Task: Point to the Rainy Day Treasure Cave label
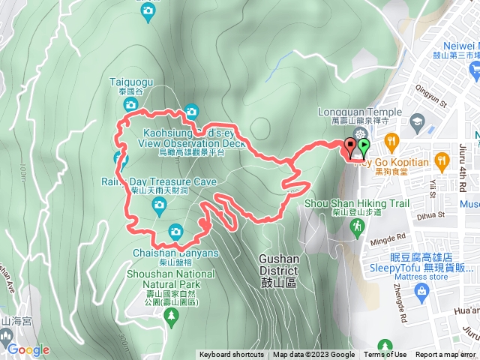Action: point(158,181)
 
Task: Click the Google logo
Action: point(28,349)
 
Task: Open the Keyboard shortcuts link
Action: point(231,355)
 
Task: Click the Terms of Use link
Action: point(385,355)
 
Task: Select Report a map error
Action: point(445,355)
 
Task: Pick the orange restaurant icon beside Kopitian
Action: point(391,140)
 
